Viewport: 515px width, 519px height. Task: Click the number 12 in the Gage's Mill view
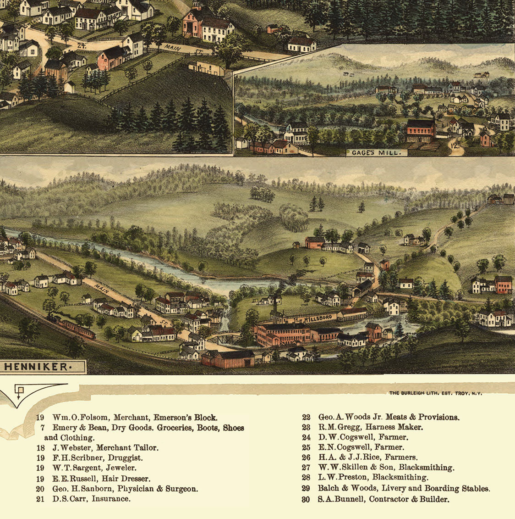(454, 147)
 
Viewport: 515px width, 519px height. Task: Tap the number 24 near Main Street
(82, 45)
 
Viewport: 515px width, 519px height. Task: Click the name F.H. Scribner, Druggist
(98, 458)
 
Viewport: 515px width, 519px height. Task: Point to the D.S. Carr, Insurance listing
(91, 498)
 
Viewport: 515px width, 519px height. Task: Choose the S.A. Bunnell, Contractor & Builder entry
(383, 499)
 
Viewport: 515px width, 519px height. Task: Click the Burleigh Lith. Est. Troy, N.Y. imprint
(435, 393)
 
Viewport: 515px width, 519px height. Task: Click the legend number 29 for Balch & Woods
(306, 489)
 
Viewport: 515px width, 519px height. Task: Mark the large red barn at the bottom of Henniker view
(228, 359)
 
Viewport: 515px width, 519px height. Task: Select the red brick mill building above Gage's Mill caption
(421, 130)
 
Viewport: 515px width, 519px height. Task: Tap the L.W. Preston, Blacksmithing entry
(373, 478)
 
